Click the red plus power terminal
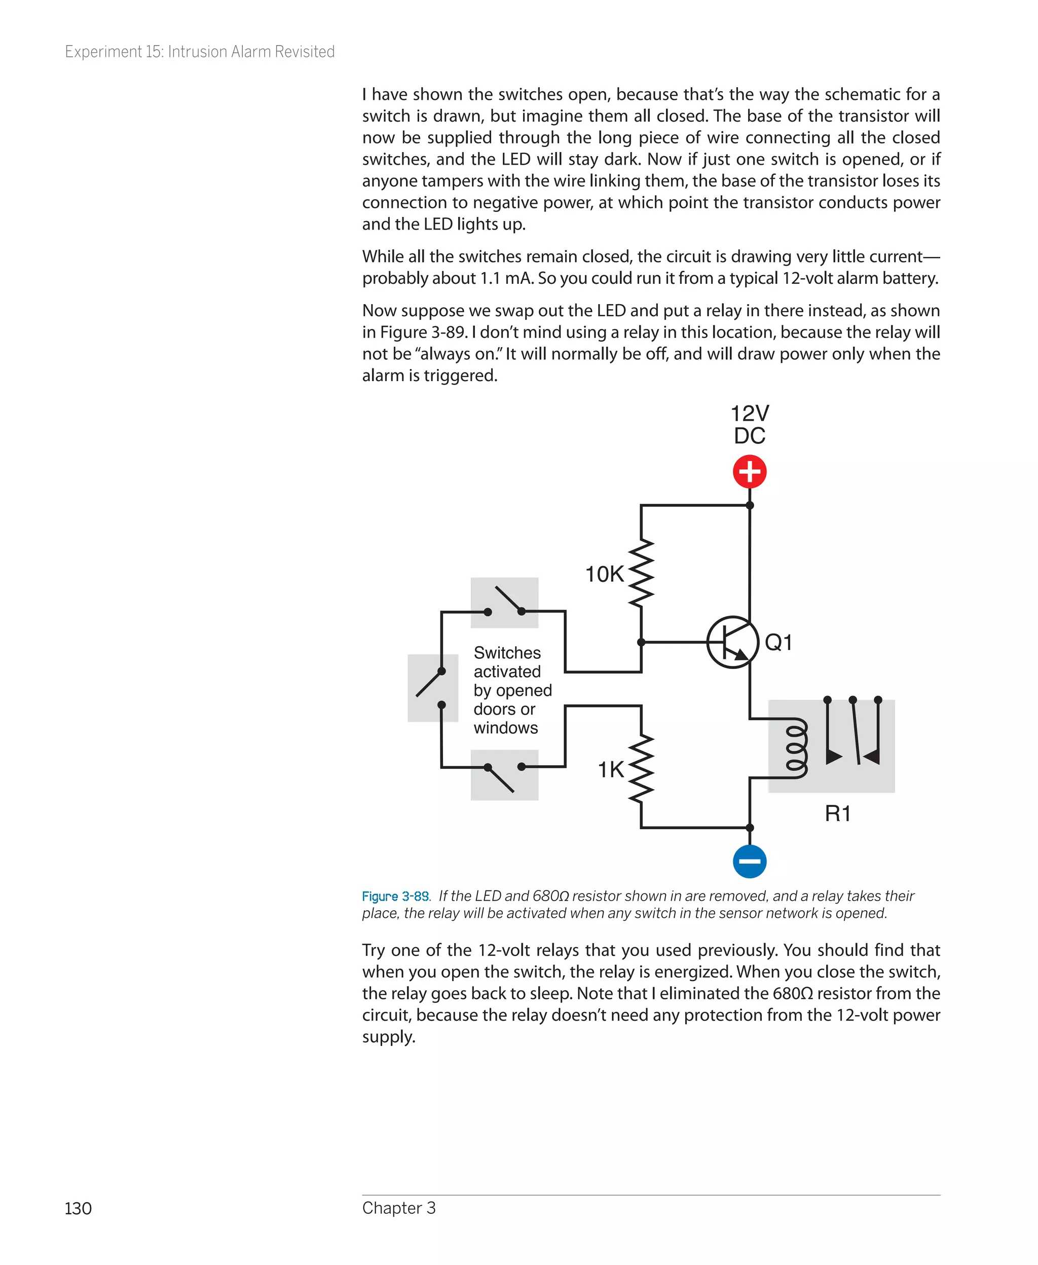(749, 471)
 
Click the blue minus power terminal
(749, 862)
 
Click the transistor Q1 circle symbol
(732, 642)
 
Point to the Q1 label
(778, 642)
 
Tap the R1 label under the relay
(837, 813)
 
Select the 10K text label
(604, 574)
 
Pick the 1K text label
(610, 769)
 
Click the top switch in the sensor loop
(505, 603)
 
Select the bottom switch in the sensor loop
(505, 775)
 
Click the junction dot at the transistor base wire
(641, 642)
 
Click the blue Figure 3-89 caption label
(395, 896)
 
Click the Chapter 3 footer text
(399, 1208)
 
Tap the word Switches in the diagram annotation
(507, 653)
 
